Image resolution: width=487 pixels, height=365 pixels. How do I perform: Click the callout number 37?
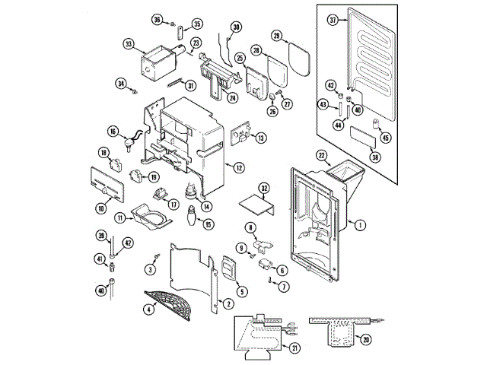(332, 20)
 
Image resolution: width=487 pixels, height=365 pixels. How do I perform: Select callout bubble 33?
(128, 44)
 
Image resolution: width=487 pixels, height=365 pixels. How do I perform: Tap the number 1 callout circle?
(360, 224)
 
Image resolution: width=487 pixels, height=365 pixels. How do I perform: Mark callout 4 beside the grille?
(149, 309)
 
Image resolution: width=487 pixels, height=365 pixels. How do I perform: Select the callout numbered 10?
(100, 208)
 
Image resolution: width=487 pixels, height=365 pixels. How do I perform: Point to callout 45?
(386, 138)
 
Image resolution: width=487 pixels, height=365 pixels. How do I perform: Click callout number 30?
(236, 27)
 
